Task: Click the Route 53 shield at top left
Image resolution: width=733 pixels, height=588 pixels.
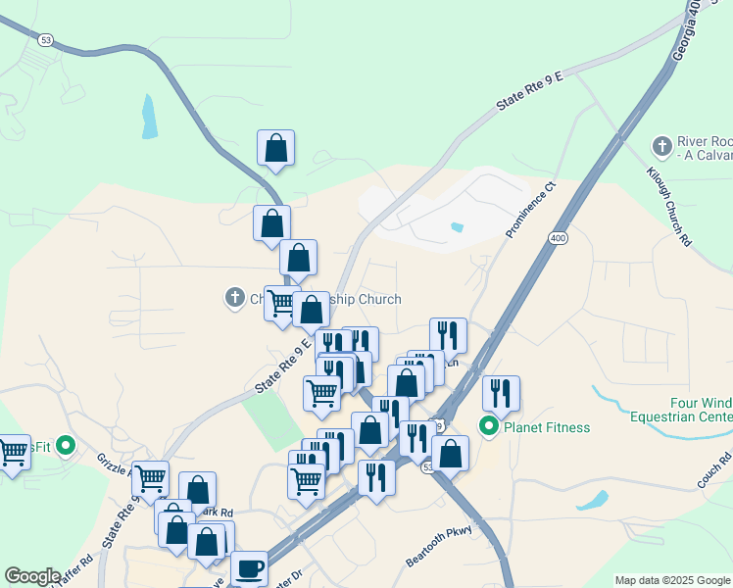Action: (46, 40)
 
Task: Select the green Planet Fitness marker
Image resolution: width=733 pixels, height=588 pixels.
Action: (488, 426)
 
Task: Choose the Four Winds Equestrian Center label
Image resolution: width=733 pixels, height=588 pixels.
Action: (700, 410)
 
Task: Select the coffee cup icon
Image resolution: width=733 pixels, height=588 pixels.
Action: (249, 568)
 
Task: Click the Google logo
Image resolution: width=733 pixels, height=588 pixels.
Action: (32, 576)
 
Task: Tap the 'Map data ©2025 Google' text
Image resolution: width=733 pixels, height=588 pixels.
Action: (671, 580)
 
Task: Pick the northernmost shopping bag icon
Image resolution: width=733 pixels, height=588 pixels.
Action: (276, 148)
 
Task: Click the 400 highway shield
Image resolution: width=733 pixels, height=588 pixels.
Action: (558, 238)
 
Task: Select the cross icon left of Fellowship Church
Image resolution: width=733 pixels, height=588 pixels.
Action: (234, 297)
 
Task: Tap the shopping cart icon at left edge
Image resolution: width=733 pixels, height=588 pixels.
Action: (12, 453)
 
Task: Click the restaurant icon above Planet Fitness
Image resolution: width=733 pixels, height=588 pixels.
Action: (501, 393)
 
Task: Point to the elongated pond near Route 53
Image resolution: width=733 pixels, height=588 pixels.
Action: (149, 116)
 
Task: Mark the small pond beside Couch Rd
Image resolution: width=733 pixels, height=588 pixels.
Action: (593, 500)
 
